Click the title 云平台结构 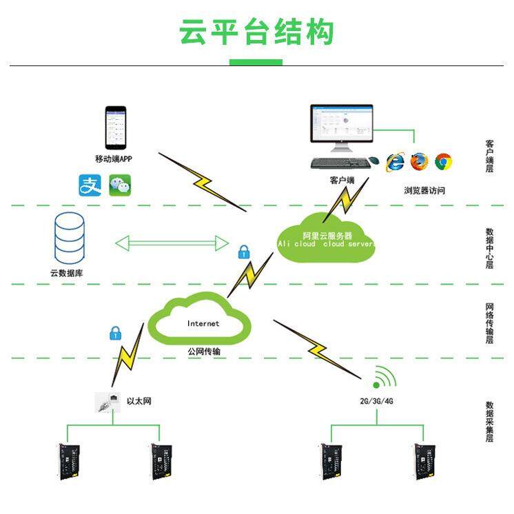[x=256, y=32]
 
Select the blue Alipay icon [x=90, y=185]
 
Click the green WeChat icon [x=120, y=185]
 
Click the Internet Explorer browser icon [x=395, y=162]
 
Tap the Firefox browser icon [x=419, y=162]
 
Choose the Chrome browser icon [x=443, y=162]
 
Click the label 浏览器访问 [x=424, y=190]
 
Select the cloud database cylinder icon [x=70, y=237]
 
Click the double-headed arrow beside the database [x=172, y=243]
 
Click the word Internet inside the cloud [x=203, y=323]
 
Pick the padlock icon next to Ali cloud [x=243, y=252]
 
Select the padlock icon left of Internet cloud [x=115, y=334]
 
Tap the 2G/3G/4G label [x=377, y=400]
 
